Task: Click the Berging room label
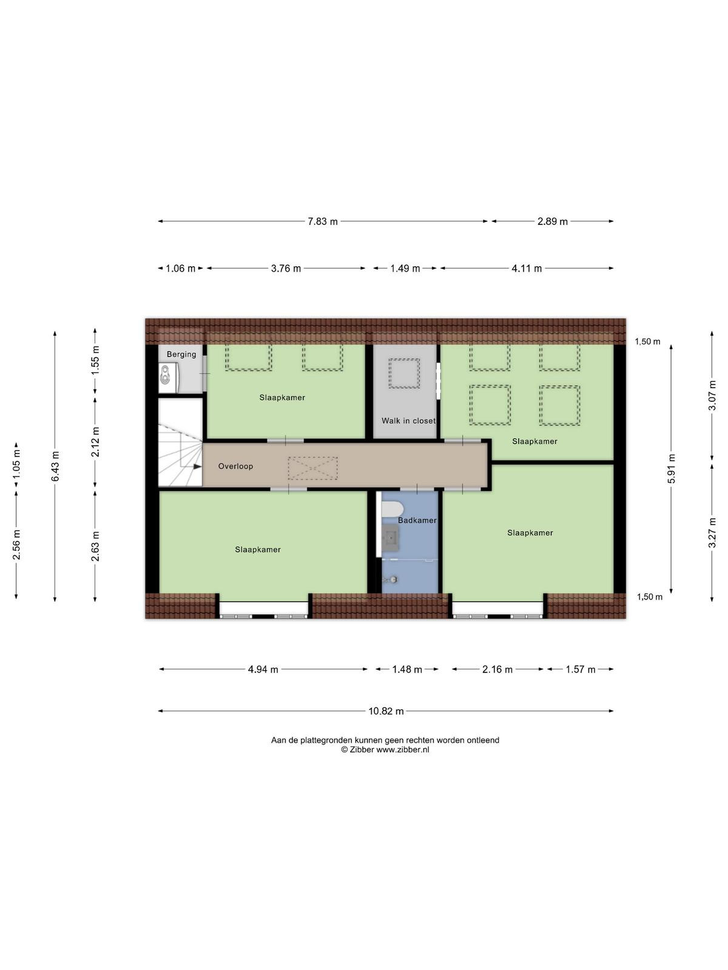(181, 354)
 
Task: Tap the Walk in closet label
(408, 421)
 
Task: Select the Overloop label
(235, 466)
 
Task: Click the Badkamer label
(417, 521)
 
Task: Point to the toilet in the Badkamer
(390, 509)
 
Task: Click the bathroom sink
(390, 539)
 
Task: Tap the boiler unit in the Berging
(169, 378)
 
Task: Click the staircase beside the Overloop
(180, 443)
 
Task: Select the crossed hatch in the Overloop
(312, 468)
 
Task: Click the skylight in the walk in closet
(405, 373)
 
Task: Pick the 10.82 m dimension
(386, 711)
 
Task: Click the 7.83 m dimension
(323, 221)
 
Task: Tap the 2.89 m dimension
(553, 221)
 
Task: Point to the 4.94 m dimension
(263, 669)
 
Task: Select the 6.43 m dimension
(55, 466)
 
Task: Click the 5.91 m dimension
(671, 469)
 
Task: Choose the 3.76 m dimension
(286, 268)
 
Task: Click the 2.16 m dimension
(497, 669)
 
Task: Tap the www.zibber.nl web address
(403, 749)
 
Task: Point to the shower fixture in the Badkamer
(392, 580)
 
